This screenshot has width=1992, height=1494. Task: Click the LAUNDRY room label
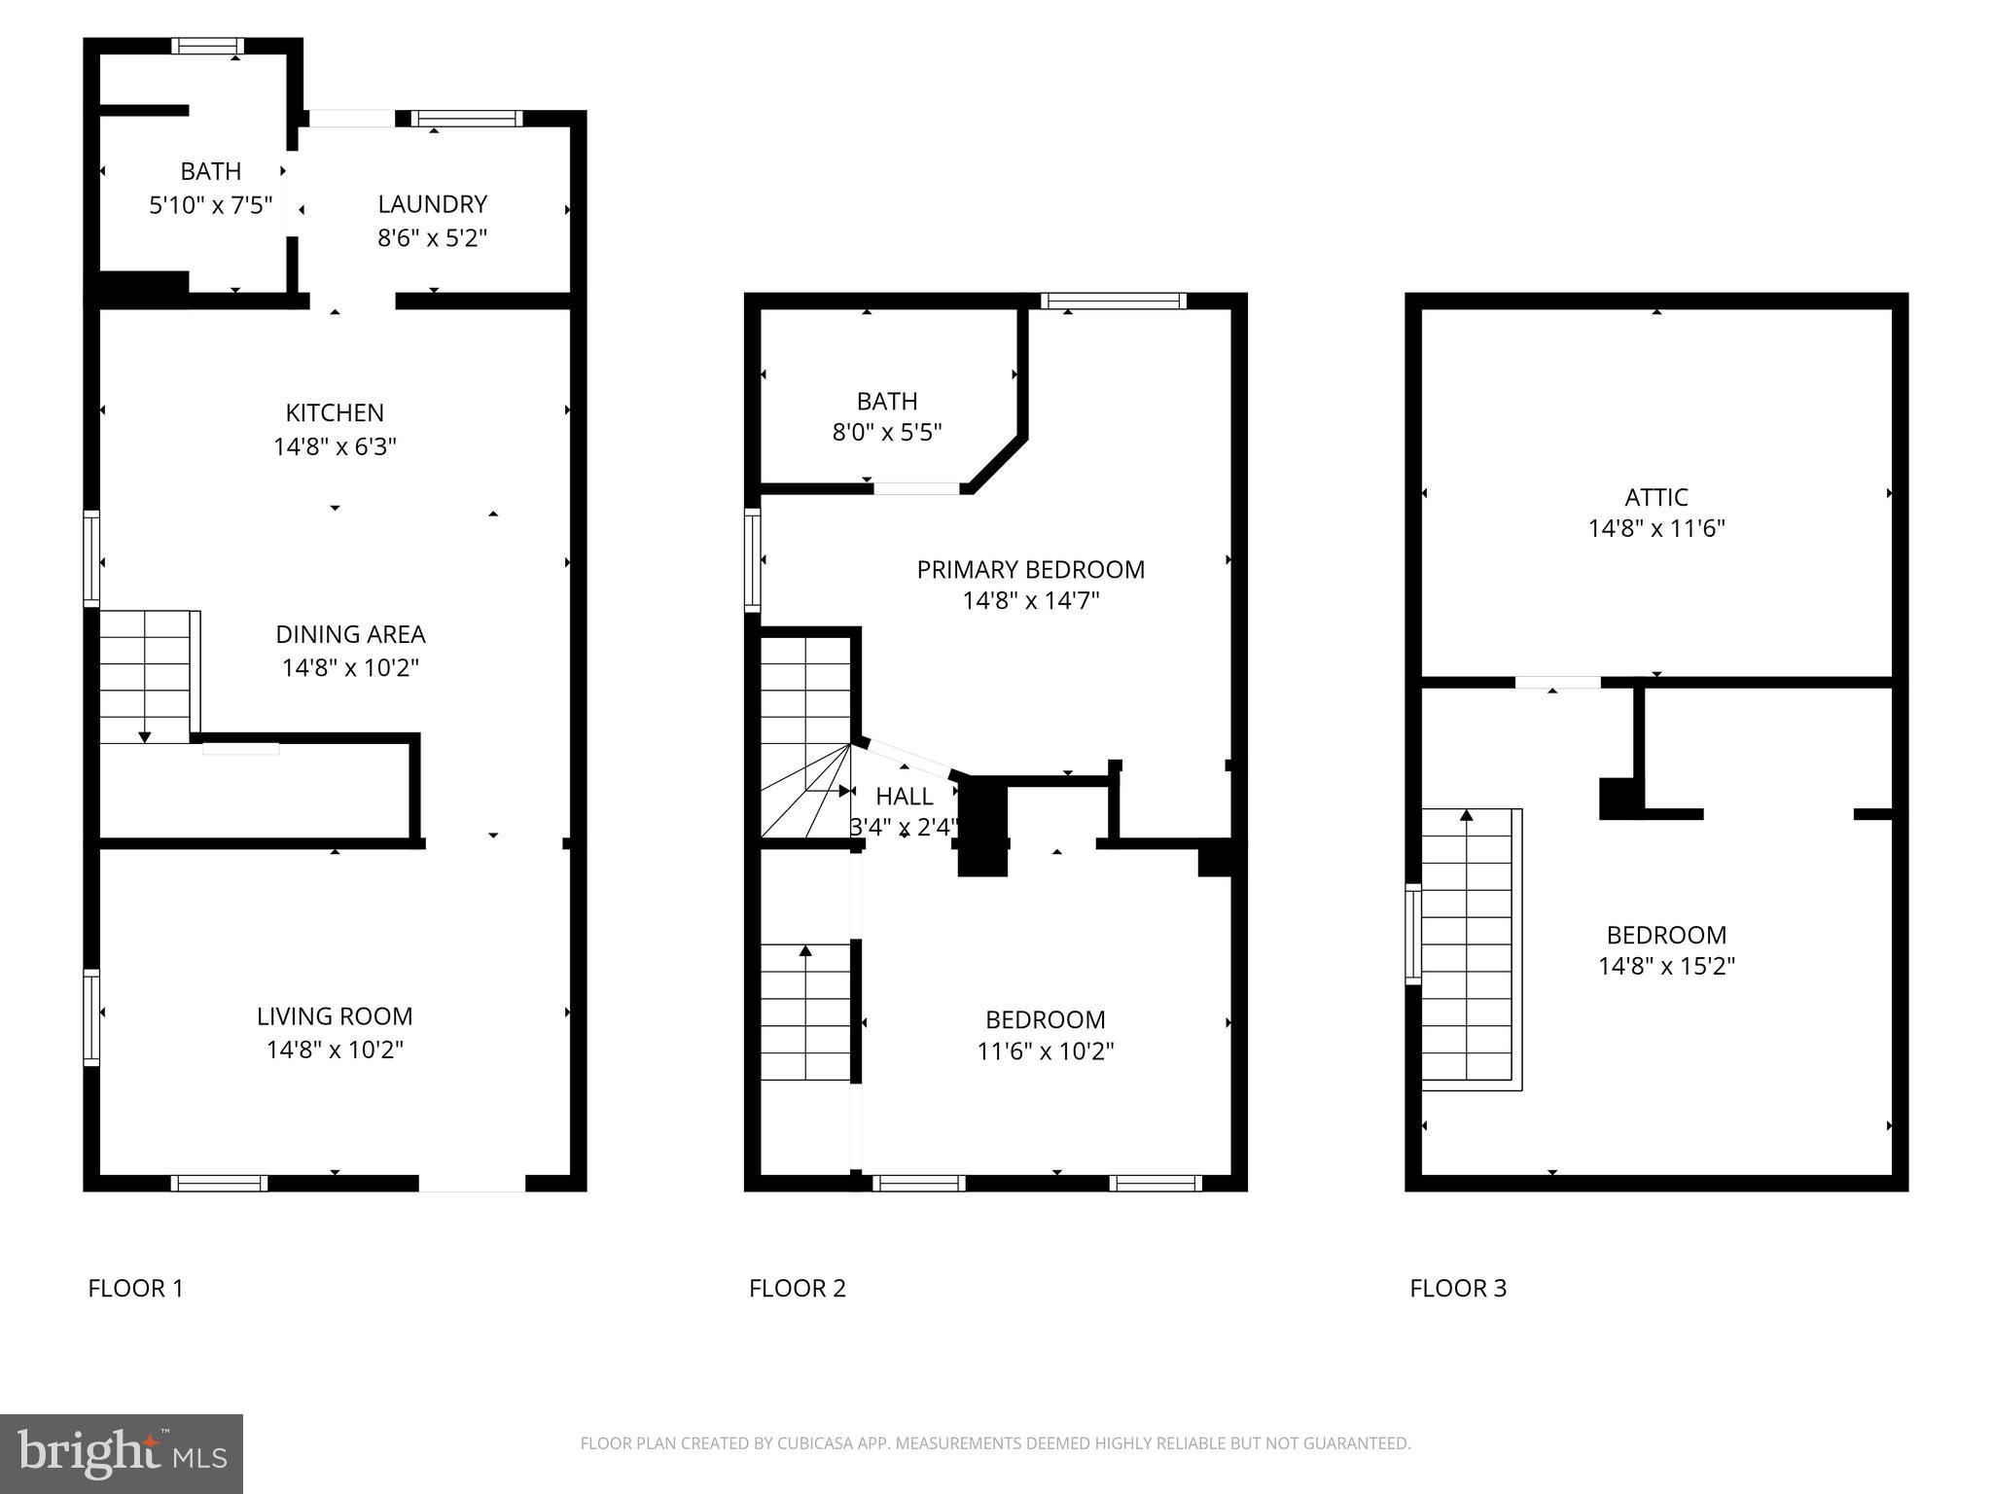click(432, 204)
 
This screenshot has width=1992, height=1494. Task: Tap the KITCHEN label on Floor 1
click(335, 412)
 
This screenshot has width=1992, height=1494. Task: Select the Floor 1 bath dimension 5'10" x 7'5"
click(210, 205)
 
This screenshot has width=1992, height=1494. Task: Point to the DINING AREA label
click(350, 634)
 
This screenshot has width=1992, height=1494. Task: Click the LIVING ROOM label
click(335, 1016)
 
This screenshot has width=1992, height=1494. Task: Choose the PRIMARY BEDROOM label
click(1030, 569)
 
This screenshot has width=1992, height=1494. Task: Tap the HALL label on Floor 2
click(904, 797)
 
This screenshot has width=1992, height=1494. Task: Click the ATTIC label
click(1655, 497)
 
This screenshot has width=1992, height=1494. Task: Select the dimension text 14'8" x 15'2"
click(1666, 966)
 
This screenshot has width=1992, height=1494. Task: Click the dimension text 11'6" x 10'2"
click(1045, 1051)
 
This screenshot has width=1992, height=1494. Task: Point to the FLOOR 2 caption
click(797, 1288)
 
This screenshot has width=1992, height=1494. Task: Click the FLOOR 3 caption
click(1457, 1288)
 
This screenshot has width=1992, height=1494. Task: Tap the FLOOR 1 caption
click(135, 1288)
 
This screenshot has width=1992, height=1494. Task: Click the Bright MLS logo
click(121, 1453)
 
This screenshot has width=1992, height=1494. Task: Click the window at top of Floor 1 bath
click(207, 46)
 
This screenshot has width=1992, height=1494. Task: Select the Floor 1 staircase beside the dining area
click(146, 677)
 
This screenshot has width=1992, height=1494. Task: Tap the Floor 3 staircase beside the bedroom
click(1467, 948)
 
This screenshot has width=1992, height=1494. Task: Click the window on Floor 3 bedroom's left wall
click(1412, 933)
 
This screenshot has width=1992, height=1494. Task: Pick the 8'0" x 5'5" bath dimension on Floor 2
click(886, 432)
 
